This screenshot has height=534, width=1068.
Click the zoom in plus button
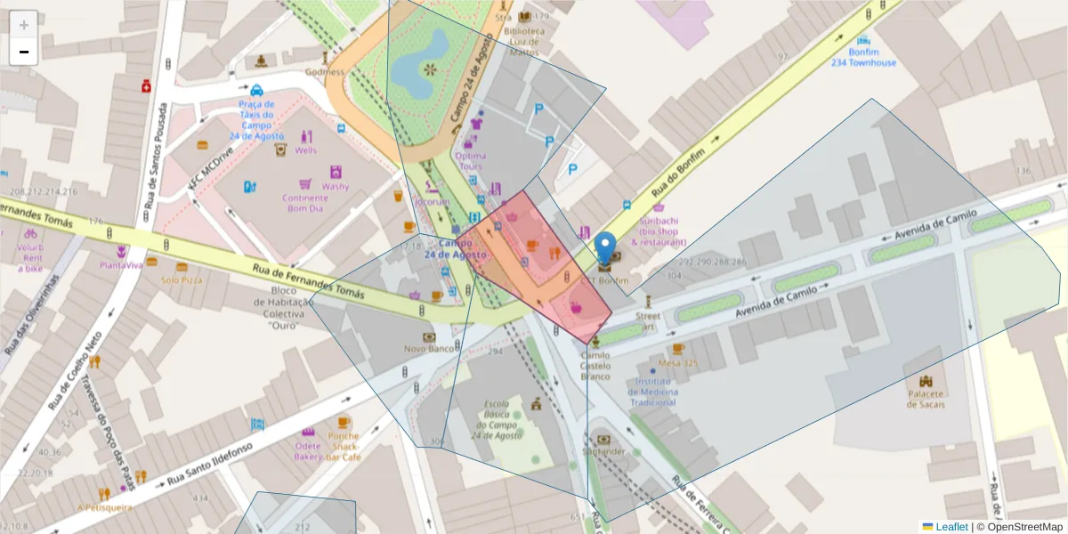pyautogui.click(x=24, y=25)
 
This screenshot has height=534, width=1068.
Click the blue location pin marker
pyautogui.click(x=605, y=248)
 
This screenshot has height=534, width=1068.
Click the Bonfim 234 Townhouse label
pyautogui.click(x=863, y=58)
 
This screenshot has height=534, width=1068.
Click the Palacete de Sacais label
pyautogui.click(x=926, y=399)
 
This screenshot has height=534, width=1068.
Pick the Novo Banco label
pyautogui.click(x=428, y=349)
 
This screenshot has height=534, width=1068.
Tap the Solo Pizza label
pyautogui.click(x=182, y=279)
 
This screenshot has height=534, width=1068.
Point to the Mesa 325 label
pyautogui.click(x=678, y=363)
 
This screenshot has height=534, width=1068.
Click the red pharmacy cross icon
pyautogui.click(x=145, y=86)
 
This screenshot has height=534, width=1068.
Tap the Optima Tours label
pyautogui.click(x=470, y=161)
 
